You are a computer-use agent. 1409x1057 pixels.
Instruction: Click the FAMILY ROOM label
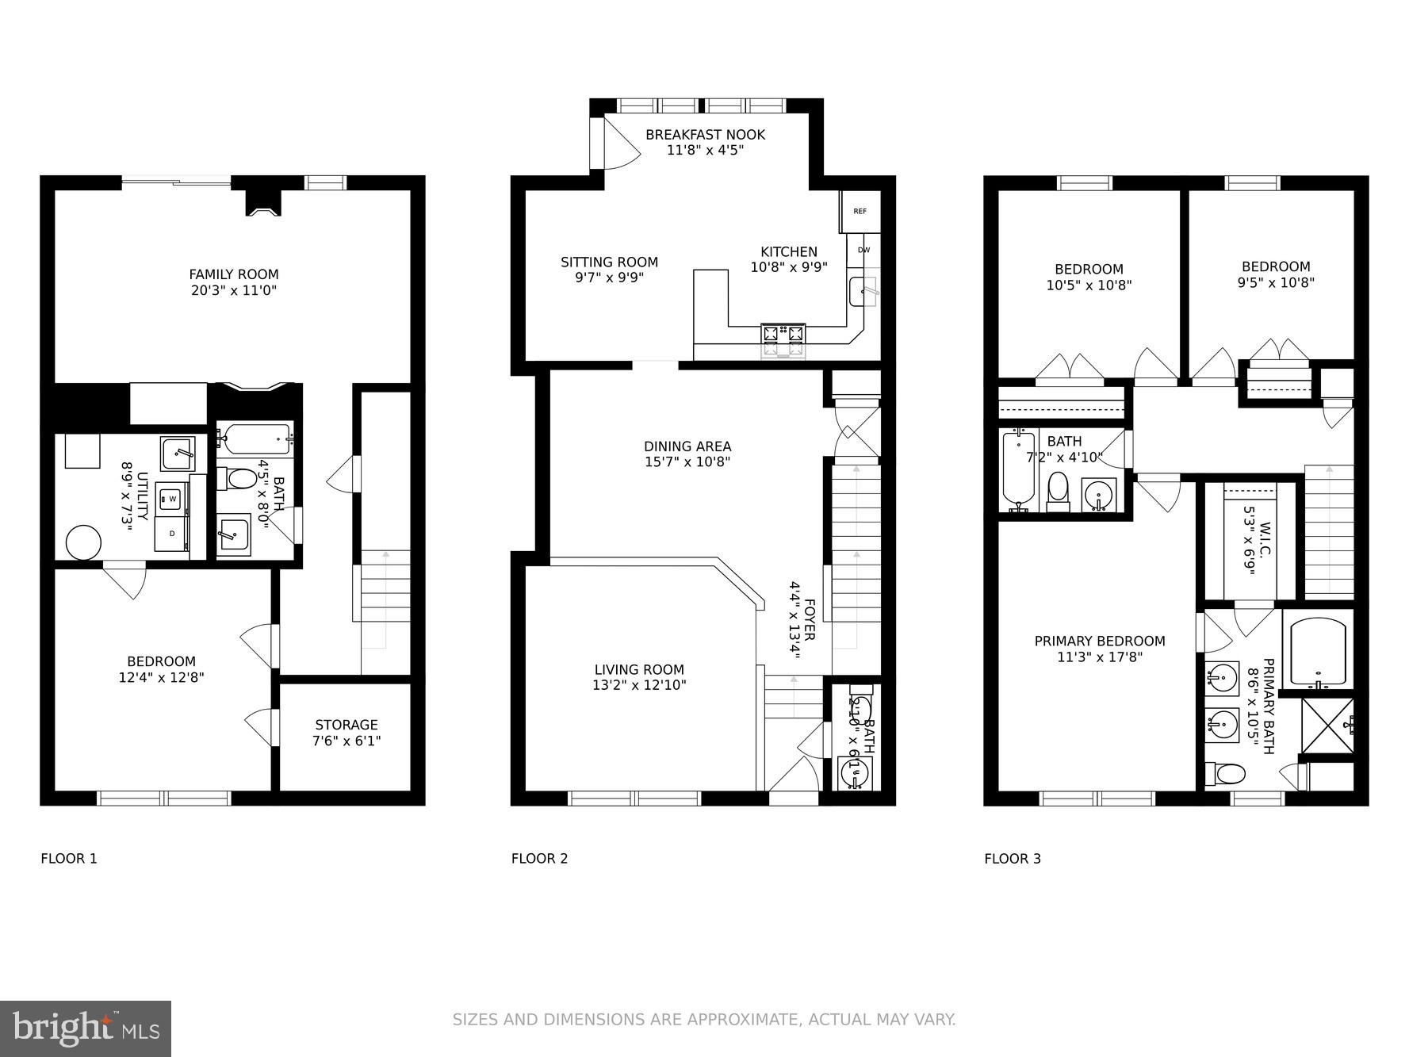tap(234, 274)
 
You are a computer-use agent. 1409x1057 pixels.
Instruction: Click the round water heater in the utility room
tap(83, 544)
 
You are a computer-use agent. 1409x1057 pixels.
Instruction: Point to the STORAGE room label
tap(347, 725)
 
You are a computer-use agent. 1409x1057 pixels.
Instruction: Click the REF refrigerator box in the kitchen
tap(860, 211)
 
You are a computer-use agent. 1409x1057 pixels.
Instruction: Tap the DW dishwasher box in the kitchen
tap(863, 251)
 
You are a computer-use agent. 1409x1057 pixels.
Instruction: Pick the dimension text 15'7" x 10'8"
tap(687, 462)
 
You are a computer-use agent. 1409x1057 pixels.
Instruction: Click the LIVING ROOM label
tap(639, 669)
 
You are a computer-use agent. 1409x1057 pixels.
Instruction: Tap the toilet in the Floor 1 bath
tap(241, 478)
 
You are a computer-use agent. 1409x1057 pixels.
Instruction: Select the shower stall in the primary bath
tap(1327, 726)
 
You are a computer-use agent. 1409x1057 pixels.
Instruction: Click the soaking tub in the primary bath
tap(1318, 651)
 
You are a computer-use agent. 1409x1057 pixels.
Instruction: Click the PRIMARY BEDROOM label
tap(1100, 641)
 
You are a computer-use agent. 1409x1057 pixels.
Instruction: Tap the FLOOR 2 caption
tap(539, 858)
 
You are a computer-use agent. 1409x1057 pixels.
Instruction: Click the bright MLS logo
tap(86, 1028)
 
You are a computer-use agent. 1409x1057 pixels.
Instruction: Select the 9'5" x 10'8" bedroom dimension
tap(1276, 282)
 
